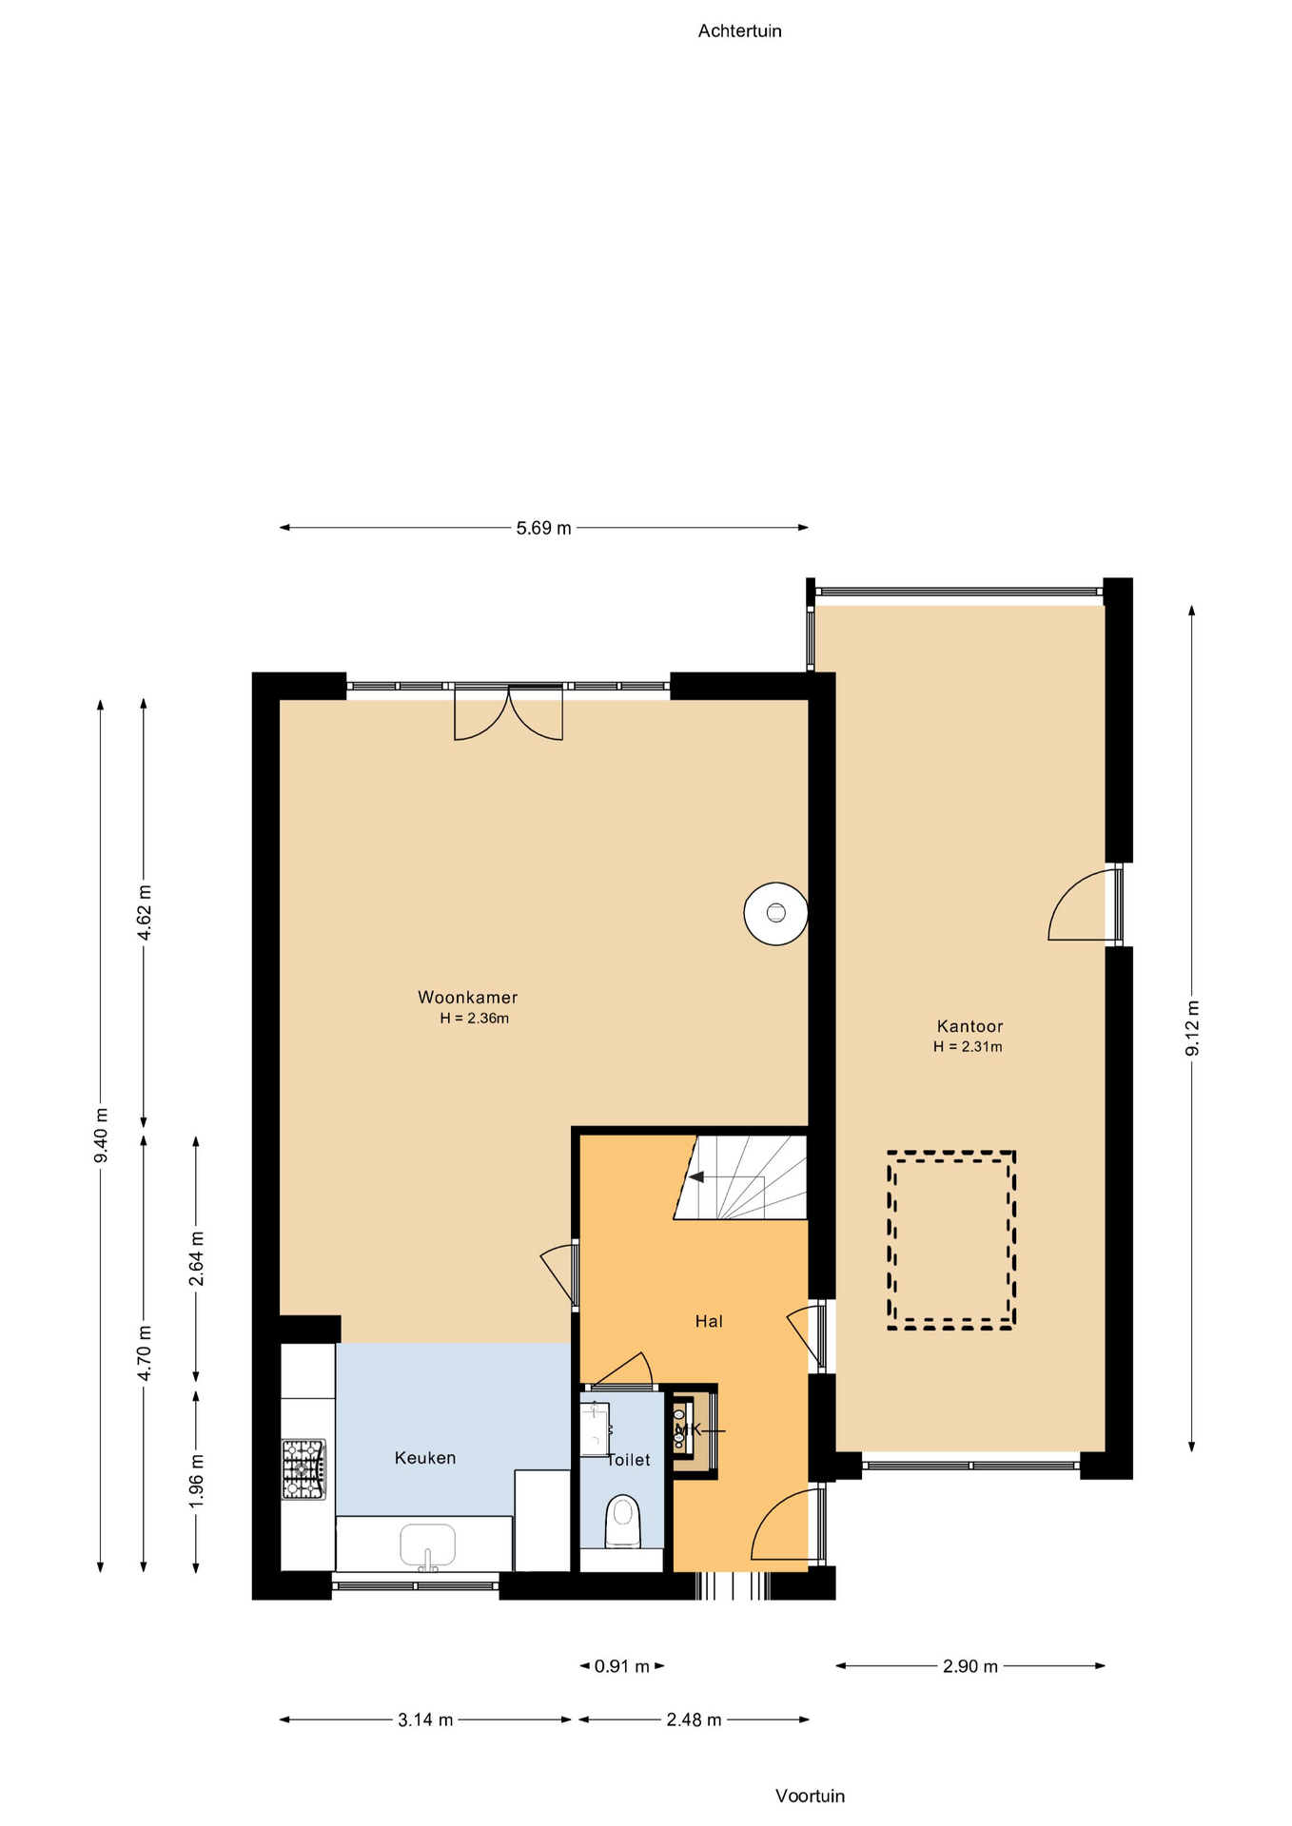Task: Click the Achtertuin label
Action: click(739, 31)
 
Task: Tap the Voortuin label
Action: click(810, 1796)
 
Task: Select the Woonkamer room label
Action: click(468, 997)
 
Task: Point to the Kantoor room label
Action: click(969, 1025)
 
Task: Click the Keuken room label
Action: click(425, 1457)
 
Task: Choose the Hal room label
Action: click(709, 1320)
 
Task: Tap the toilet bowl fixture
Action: click(623, 1522)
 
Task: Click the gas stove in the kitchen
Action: click(303, 1469)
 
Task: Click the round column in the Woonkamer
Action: click(775, 913)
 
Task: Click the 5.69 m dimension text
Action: click(544, 528)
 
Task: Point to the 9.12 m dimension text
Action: click(1192, 1027)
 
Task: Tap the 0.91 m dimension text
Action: click(622, 1666)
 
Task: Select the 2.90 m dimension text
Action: click(970, 1666)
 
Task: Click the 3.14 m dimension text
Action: click(425, 1719)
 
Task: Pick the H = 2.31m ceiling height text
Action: click(968, 1046)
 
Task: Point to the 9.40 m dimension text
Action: click(101, 1135)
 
